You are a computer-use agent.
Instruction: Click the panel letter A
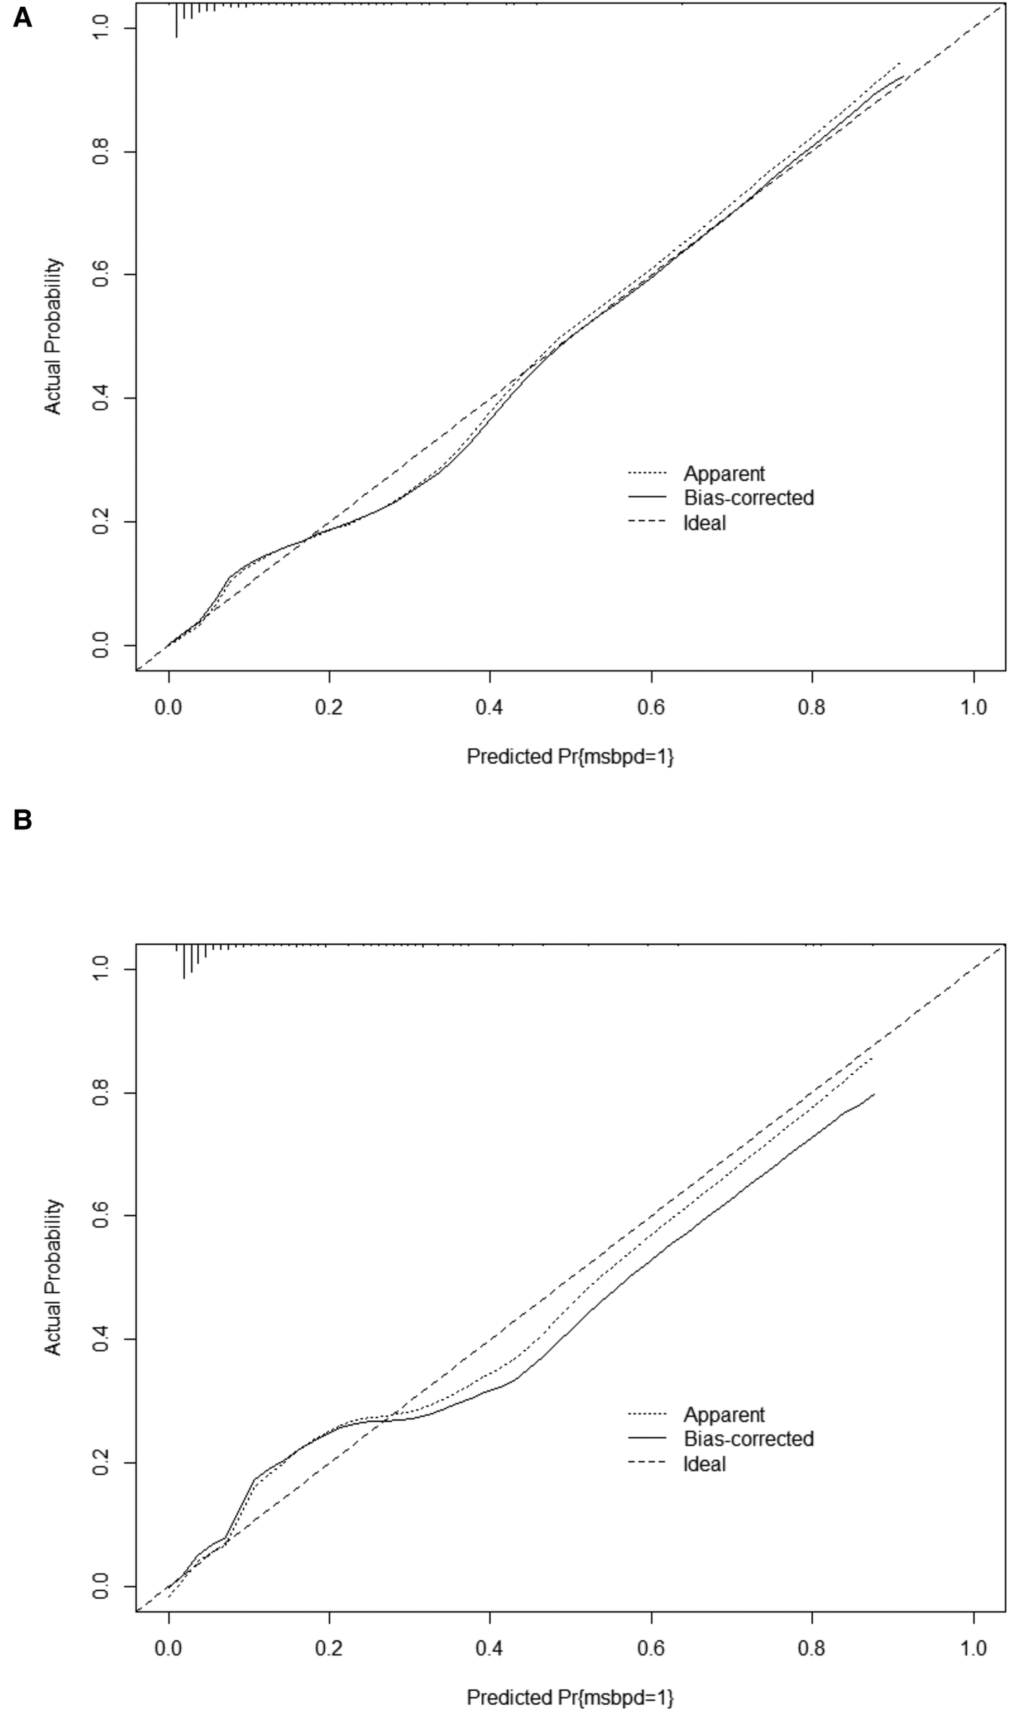pyautogui.click(x=22, y=18)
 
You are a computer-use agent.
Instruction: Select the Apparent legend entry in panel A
pyautogui.click(x=724, y=474)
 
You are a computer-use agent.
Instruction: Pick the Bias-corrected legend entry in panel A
pyautogui.click(x=748, y=498)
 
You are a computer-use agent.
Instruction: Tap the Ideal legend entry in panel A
pyautogui.click(x=704, y=523)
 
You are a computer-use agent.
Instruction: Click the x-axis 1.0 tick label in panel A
pyautogui.click(x=973, y=707)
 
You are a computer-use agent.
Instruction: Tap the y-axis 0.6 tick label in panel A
pyautogui.click(x=101, y=274)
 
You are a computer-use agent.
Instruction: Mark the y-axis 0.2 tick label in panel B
pyautogui.click(x=101, y=1463)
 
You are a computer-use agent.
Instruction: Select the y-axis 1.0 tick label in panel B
pyautogui.click(x=101, y=969)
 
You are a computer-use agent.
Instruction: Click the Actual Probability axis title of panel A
pyautogui.click(x=53, y=335)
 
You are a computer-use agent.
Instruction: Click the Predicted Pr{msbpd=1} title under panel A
pyautogui.click(x=570, y=756)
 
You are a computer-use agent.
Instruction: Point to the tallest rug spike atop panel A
pyautogui.click(x=177, y=21)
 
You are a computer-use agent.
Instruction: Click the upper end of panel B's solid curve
pyautogui.click(x=874, y=1094)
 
